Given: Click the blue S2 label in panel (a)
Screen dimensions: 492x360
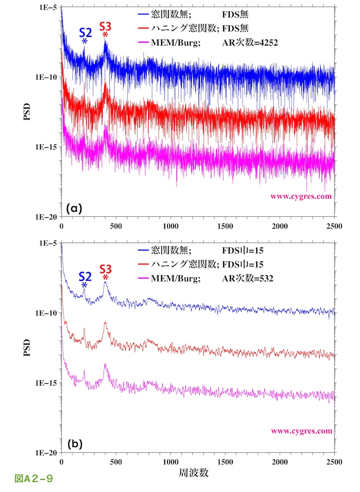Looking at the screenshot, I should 85,33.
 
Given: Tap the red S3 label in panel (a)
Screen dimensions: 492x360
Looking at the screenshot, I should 106,26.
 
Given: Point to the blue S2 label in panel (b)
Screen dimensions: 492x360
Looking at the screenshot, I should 85,276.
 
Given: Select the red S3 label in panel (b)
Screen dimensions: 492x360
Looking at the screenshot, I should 106,269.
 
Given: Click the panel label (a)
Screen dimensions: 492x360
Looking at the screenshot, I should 75,208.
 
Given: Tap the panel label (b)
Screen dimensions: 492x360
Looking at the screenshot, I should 75,444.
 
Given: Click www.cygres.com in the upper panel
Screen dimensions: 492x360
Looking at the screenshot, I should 301,196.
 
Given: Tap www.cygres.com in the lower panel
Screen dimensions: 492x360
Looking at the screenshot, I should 301,431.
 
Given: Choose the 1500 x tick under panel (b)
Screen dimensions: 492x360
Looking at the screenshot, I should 225,462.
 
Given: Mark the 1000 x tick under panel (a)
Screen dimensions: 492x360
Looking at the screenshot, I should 170,226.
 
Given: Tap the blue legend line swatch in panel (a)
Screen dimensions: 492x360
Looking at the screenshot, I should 147,15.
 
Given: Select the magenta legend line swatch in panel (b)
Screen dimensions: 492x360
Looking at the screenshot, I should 147,278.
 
